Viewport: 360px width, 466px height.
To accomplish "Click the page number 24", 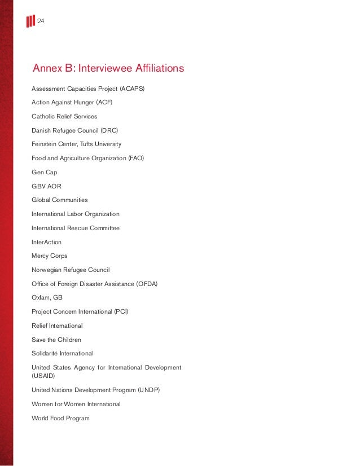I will coord(41,21).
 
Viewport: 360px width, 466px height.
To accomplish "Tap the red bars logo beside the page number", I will coord(30,21).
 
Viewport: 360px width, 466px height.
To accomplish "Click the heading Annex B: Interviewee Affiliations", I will coord(108,69).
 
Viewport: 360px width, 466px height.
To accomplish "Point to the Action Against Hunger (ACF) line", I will coord(72,102).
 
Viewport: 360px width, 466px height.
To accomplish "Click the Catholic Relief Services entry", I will coord(64,116).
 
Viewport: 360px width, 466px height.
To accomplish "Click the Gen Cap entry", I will coord(45,172).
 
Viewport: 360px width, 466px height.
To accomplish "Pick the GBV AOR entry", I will coord(46,186).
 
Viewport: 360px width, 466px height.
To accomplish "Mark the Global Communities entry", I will coord(60,200).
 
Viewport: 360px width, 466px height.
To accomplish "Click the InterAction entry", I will coord(46,242).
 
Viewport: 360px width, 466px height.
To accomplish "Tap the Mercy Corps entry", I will coord(50,256).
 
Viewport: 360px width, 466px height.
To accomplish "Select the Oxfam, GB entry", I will coord(47,298).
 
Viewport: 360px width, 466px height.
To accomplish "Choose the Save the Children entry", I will coord(56,340).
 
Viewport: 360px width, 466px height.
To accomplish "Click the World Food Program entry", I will coord(60,418).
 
